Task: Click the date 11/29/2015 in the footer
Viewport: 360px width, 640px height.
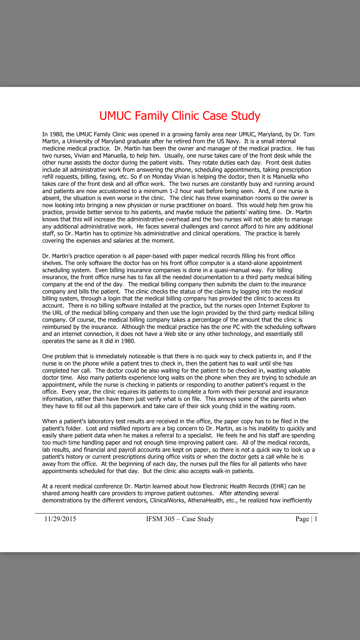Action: [x=60, y=519]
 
